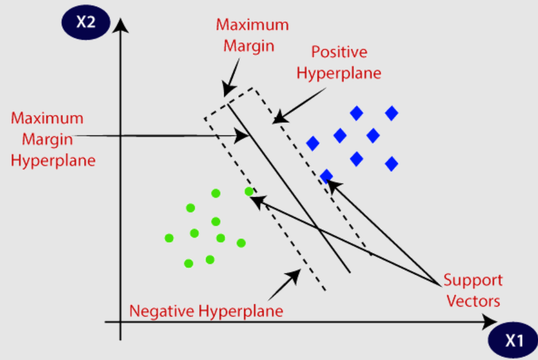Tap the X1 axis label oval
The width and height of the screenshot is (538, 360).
[x=513, y=340]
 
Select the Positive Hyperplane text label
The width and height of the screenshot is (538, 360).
[x=346, y=62]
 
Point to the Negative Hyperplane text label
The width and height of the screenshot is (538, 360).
[x=207, y=312]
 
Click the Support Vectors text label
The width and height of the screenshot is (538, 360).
[x=473, y=290]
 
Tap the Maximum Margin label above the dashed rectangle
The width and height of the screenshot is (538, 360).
[x=252, y=34]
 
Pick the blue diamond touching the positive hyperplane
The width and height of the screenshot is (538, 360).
[x=326, y=176]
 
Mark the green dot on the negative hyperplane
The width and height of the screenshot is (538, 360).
[x=249, y=192]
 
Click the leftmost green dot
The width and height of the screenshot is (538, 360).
[x=169, y=238]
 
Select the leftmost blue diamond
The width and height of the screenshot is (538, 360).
[x=313, y=143]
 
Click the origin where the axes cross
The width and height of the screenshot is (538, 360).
[x=122, y=322]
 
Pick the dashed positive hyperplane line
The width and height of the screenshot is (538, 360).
[x=314, y=169]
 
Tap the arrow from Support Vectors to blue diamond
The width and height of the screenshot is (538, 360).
[x=381, y=230]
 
